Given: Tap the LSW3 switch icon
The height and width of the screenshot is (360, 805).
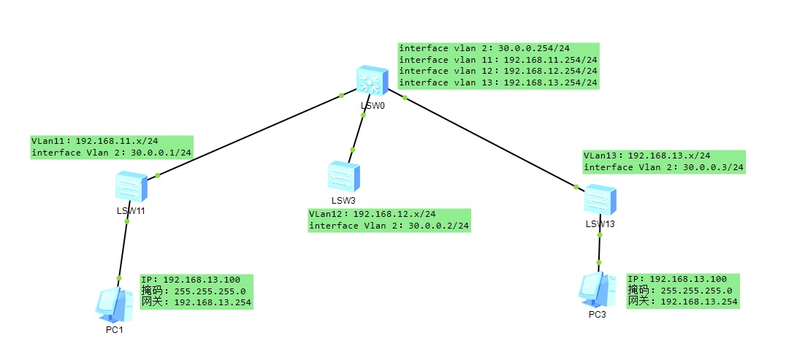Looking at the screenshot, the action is pyautogui.click(x=343, y=177).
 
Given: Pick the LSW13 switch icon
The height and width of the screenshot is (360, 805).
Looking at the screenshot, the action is pyautogui.click(x=600, y=200).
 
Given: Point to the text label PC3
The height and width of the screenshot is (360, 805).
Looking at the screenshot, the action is pyautogui.click(x=597, y=315).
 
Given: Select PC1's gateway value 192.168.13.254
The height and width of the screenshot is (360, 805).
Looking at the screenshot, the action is pyautogui.click(x=213, y=302).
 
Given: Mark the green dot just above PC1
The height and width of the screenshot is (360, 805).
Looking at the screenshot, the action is pyautogui.click(x=118, y=277).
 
